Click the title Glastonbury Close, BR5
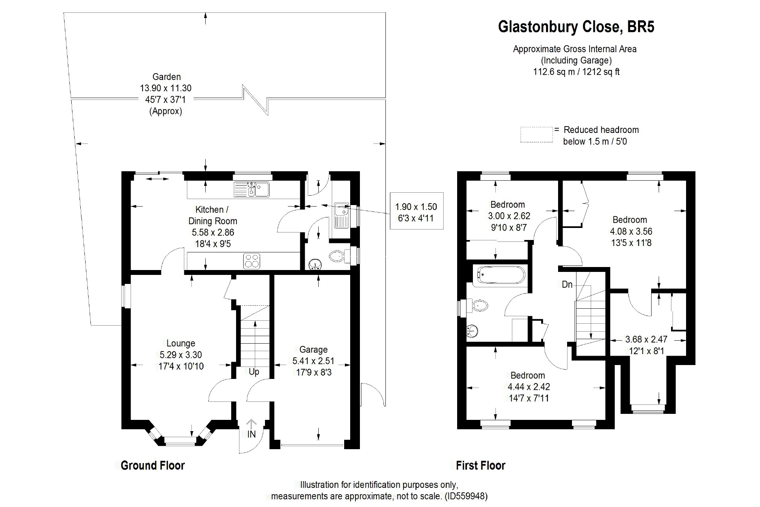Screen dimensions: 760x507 pos(576,27)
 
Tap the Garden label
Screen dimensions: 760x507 pos(167,77)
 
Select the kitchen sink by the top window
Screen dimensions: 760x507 pos(251,189)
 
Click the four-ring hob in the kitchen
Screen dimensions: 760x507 pos(252,261)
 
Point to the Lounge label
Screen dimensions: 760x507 pos(181,343)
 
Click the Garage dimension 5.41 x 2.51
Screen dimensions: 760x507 pos(313,361)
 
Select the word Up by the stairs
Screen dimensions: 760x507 pos(254,372)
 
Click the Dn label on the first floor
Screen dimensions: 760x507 pos(567,285)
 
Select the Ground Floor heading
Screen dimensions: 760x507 pos(153,466)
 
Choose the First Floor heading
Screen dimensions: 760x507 pos(480,466)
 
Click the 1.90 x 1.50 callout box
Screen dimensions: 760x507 pos(417,211)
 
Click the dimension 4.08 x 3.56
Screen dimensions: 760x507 pos(631,231)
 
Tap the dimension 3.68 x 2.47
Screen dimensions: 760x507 pos(646,340)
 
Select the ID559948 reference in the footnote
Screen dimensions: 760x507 pos(466,496)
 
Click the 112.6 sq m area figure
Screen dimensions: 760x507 pos(554,72)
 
